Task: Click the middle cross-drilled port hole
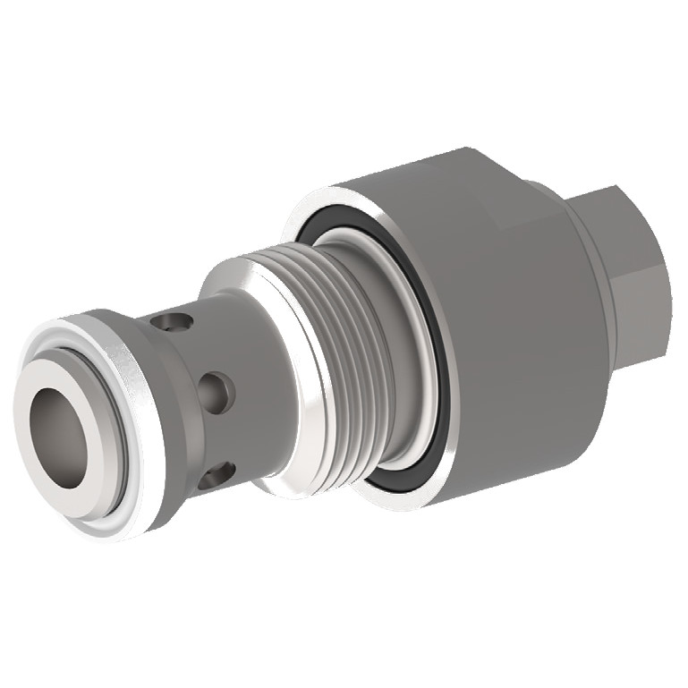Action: pyautogui.click(x=217, y=387)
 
